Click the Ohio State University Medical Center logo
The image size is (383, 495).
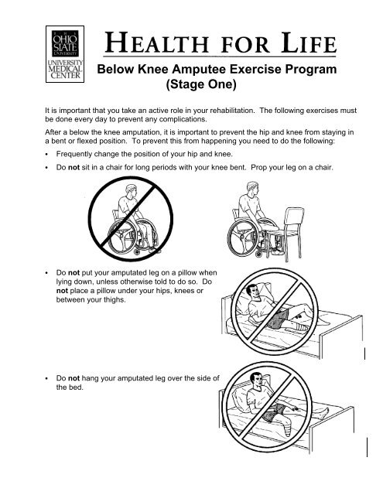65,54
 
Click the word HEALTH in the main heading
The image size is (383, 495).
156,43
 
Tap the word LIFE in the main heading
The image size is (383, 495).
309,43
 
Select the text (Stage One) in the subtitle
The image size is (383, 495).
201,84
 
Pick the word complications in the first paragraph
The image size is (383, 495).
183,119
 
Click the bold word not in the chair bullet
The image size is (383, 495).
74,167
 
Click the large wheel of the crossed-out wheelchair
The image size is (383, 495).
122,237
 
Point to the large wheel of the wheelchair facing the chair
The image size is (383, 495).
243,237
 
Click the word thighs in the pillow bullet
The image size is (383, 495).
115,300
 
